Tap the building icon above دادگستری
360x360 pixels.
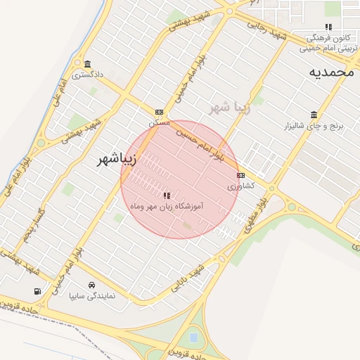click(86, 64)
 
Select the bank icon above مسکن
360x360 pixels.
click(160, 112)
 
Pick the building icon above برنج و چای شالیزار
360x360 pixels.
click(313, 115)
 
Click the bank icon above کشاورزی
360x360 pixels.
click(241, 175)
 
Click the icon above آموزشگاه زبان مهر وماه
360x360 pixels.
click(167, 195)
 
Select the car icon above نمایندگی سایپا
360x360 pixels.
click(92, 285)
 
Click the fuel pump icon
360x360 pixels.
click(37, 291)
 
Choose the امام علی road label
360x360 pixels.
click(58, 93)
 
